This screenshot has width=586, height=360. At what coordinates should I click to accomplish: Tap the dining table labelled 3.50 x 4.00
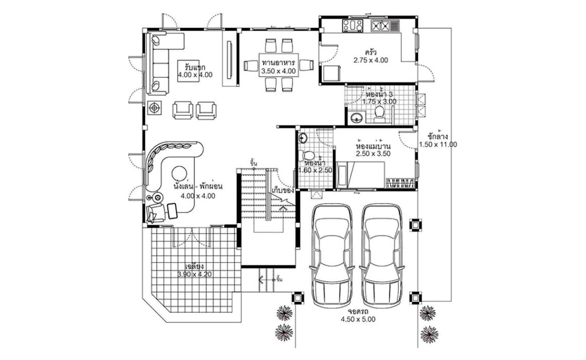278,65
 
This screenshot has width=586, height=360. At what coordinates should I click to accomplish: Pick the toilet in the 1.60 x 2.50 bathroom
308,155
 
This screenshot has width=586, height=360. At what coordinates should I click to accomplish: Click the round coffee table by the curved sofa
179,173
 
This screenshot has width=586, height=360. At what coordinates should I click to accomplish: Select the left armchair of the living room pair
184,110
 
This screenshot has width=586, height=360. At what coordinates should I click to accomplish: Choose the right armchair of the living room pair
207,110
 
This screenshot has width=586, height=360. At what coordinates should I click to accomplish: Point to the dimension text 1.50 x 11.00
438,145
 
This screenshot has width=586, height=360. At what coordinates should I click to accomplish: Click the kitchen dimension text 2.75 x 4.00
370,60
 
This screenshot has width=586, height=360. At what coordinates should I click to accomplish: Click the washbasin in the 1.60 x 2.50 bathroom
303,138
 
